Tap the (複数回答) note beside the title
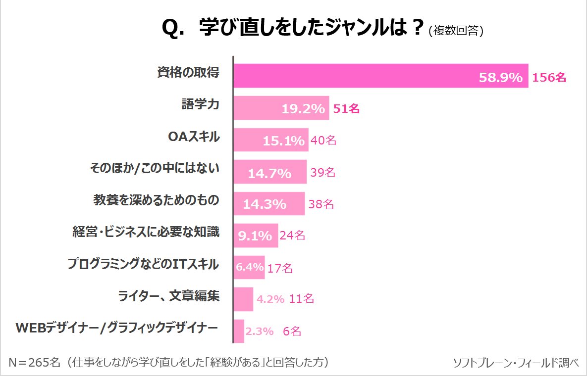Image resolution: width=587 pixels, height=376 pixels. [x=456, y=31]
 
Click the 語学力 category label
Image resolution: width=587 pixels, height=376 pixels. [x=200, y=105]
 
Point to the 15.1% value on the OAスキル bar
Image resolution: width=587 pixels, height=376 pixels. [x=283, y=141]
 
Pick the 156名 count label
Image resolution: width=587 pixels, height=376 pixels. [x=549, y=78]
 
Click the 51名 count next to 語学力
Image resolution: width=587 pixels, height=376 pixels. [x=346, y=109]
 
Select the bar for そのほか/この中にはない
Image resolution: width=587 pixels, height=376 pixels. [x=270, y=172]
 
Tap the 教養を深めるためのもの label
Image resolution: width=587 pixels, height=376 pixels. [x=156, y=200]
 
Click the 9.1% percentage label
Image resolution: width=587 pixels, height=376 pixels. [x=255, y=235]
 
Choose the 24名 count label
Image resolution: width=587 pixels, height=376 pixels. [x=292, y=235]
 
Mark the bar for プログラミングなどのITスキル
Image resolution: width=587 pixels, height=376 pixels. [x=249, y=267]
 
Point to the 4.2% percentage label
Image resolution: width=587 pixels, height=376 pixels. [x=270, y=299]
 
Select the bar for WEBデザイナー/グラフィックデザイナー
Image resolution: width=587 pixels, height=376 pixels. [x=239, y=331]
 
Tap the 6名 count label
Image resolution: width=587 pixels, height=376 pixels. [x=292, y=331]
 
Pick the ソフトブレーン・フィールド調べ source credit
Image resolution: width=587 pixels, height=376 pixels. [x=516, y=363]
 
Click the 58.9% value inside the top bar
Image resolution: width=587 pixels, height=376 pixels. [x=500, y=78]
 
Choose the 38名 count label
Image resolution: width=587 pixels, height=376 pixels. [x=321, y=204]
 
